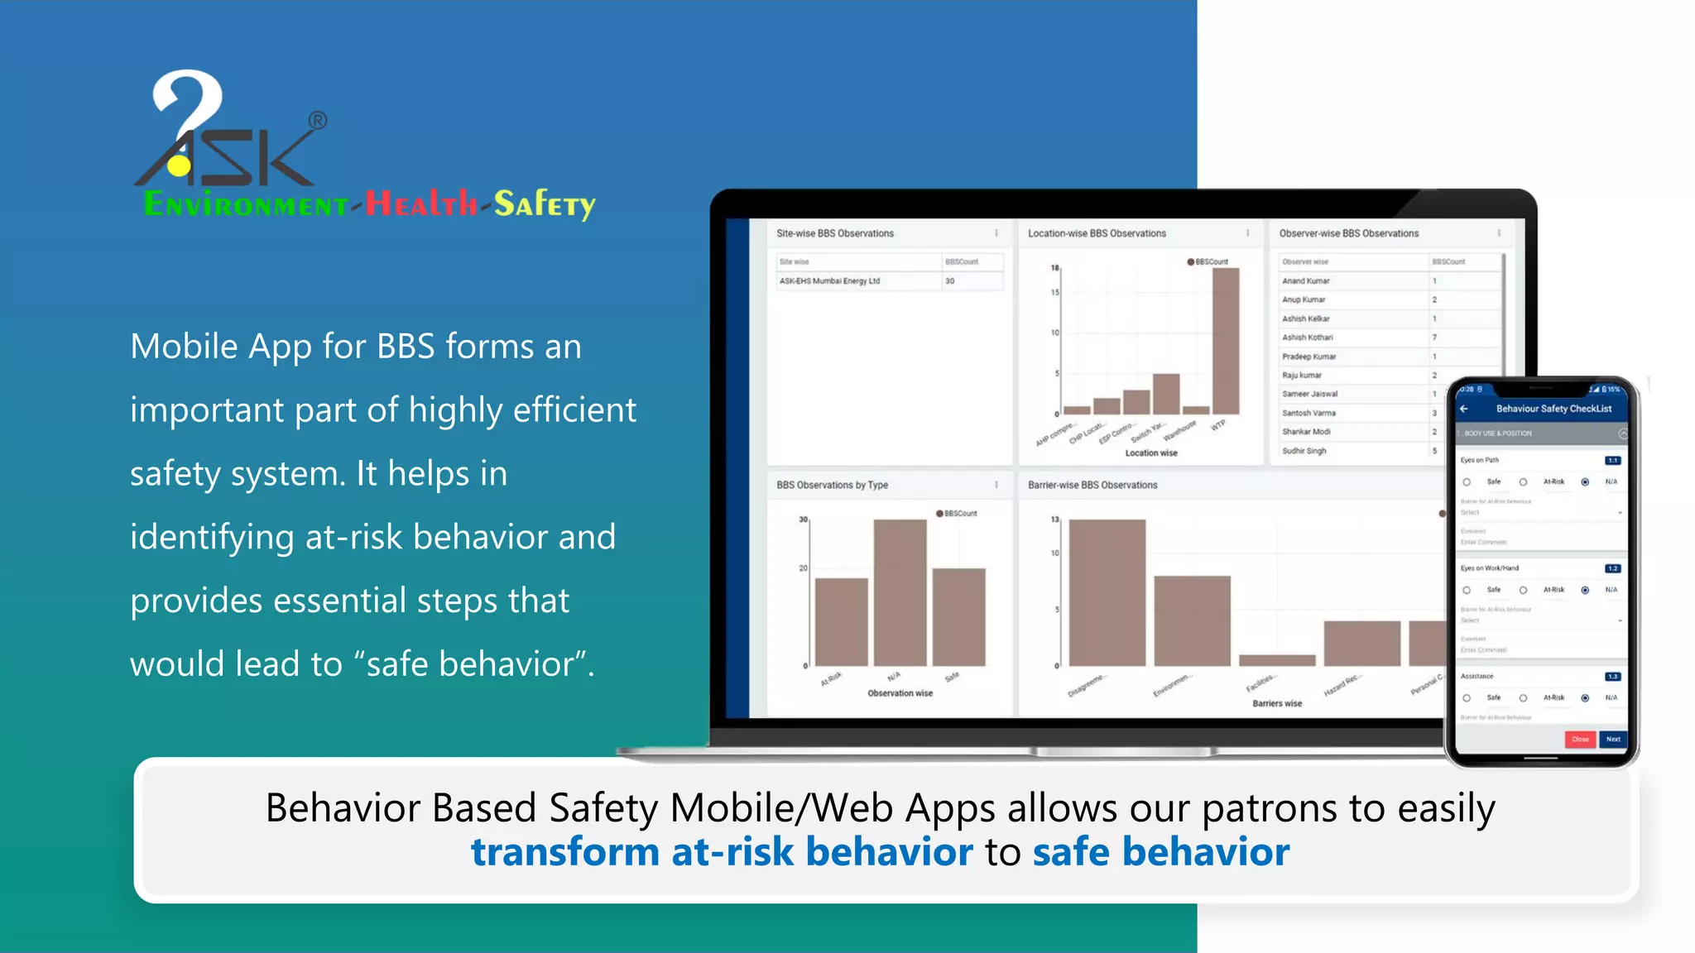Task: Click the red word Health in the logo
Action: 421,204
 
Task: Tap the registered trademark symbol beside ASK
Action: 318,121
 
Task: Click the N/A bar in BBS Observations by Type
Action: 900,592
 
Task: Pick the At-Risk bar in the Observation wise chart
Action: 841,621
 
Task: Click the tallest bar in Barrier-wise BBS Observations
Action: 1107,592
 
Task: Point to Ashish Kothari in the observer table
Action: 1308,338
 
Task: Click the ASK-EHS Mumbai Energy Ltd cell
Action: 829,281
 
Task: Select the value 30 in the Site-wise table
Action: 950,281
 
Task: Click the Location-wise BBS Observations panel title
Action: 1097,233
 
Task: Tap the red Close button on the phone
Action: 1580,739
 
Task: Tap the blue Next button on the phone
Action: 1613,739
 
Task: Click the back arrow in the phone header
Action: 1464,409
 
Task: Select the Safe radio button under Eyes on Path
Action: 1467,482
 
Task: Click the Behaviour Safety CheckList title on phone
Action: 1553,409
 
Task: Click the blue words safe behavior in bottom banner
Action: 1160,852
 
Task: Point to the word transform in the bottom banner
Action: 564,852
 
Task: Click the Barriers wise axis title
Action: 1276,703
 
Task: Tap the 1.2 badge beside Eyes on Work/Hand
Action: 1612,568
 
